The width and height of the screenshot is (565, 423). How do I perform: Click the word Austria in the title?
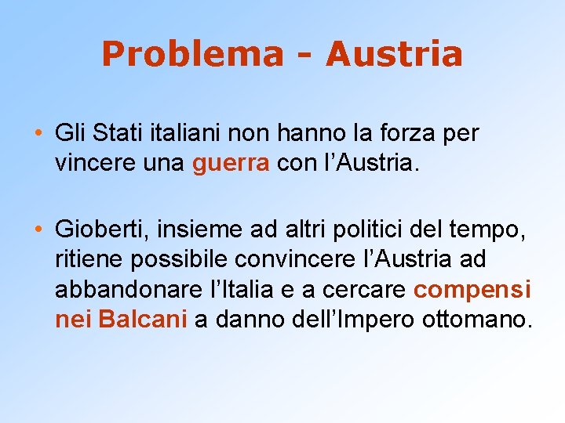coord(394,55)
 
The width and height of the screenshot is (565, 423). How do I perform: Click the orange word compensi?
coord(472,291)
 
